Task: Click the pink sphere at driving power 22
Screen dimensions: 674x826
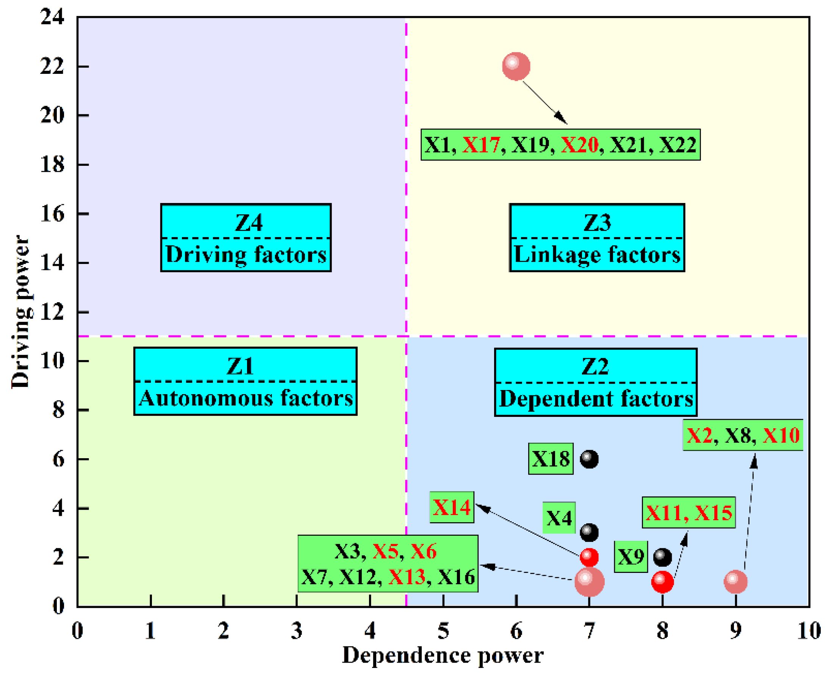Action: (516, 66)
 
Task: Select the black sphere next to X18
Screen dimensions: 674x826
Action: (589, 459)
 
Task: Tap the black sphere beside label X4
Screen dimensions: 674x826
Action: (589, 532)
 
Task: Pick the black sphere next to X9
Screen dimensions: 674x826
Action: (662, 557)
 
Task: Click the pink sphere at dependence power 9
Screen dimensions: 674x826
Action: (735, 582)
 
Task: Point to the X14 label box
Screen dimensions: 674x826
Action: (452, 507)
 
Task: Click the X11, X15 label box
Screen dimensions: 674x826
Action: (688, 512)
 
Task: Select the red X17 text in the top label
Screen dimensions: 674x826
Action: (480, 145)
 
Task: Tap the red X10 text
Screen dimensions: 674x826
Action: (781, 435)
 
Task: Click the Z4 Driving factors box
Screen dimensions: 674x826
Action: (246, 238)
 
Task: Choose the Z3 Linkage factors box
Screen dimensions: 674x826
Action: (597, 238)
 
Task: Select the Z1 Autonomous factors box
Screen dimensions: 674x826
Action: (246, 381)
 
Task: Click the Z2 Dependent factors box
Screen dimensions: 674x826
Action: (596, 382)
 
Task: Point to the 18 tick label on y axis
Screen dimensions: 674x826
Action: (52, 165)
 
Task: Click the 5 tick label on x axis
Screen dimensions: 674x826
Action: (443, 631)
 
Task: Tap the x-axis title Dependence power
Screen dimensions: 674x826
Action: (443, 656)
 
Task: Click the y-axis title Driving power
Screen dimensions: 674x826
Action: (20, 311)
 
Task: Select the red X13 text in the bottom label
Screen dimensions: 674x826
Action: (407, 577)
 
